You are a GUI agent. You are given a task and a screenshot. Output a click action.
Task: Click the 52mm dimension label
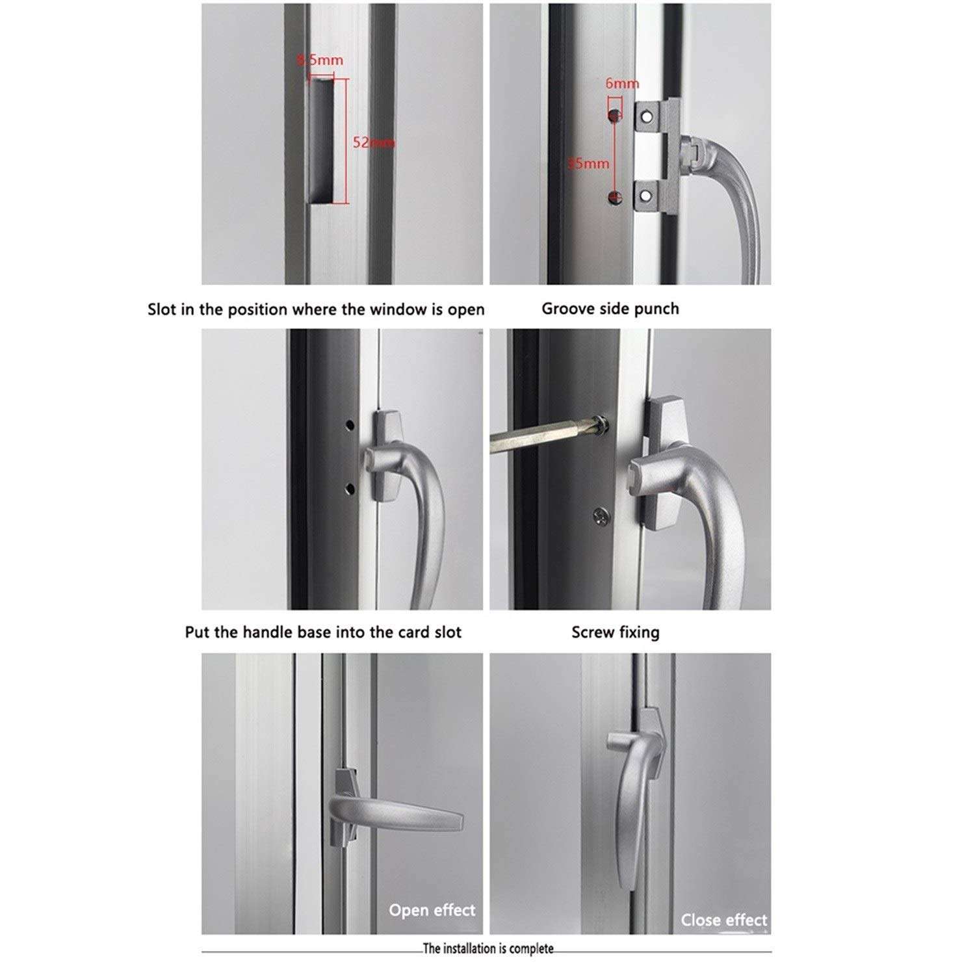372,142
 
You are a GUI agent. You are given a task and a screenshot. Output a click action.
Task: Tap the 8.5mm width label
320,60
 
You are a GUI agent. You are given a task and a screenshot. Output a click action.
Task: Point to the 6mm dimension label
622,83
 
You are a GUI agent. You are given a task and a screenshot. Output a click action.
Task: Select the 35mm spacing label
588,163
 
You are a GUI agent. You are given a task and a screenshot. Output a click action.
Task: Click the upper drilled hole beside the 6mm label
614,116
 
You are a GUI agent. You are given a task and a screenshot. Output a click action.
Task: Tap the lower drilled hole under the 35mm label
614,198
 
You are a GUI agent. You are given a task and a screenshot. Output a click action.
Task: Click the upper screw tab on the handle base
645,116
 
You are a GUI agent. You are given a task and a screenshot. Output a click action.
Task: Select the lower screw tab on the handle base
645,195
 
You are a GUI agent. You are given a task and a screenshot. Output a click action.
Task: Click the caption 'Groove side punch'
610,309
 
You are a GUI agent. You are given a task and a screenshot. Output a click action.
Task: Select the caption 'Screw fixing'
615,632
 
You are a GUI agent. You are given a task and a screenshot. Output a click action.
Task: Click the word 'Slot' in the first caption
162,309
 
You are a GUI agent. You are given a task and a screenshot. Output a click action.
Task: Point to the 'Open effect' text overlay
432,910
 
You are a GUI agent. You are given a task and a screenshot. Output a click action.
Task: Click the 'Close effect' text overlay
723,920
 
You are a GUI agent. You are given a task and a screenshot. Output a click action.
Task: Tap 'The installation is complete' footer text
487,949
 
